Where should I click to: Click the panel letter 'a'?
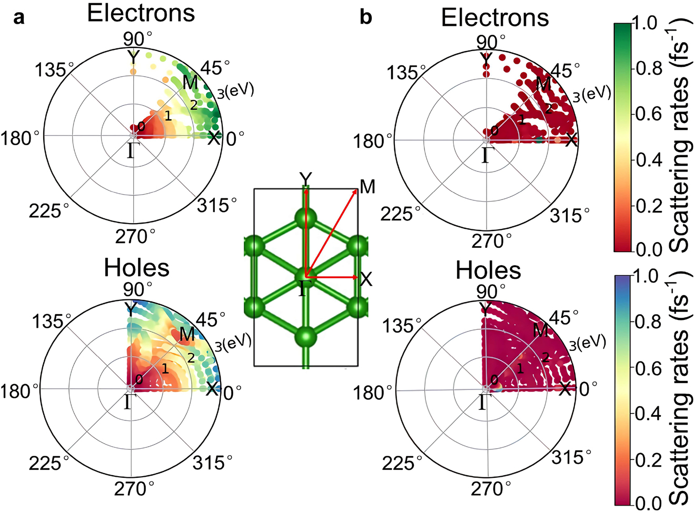tap(19, 18)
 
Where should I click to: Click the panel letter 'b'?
tap(365, 18)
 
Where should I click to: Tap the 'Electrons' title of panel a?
tap(141, 13)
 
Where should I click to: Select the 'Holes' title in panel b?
tap(488, 270)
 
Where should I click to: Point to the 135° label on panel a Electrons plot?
tap(51, 69)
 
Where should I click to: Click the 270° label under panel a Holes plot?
tap(134, 488)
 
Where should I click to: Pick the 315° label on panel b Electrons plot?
tap(570, 215)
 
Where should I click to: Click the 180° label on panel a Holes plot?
tap(20, 391)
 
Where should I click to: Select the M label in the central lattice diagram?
tap(368, 187)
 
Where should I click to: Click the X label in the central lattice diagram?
tap(366, 279)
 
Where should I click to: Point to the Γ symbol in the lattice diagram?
tap(302, 288)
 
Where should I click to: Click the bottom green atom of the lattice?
tap(306, 336)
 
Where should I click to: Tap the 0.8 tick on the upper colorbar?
tap(647, 68)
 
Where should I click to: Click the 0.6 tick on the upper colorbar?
tap(647, 114)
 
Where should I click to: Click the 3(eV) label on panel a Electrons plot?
tap(235, 91)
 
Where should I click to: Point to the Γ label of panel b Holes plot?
tap(483, 403)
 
